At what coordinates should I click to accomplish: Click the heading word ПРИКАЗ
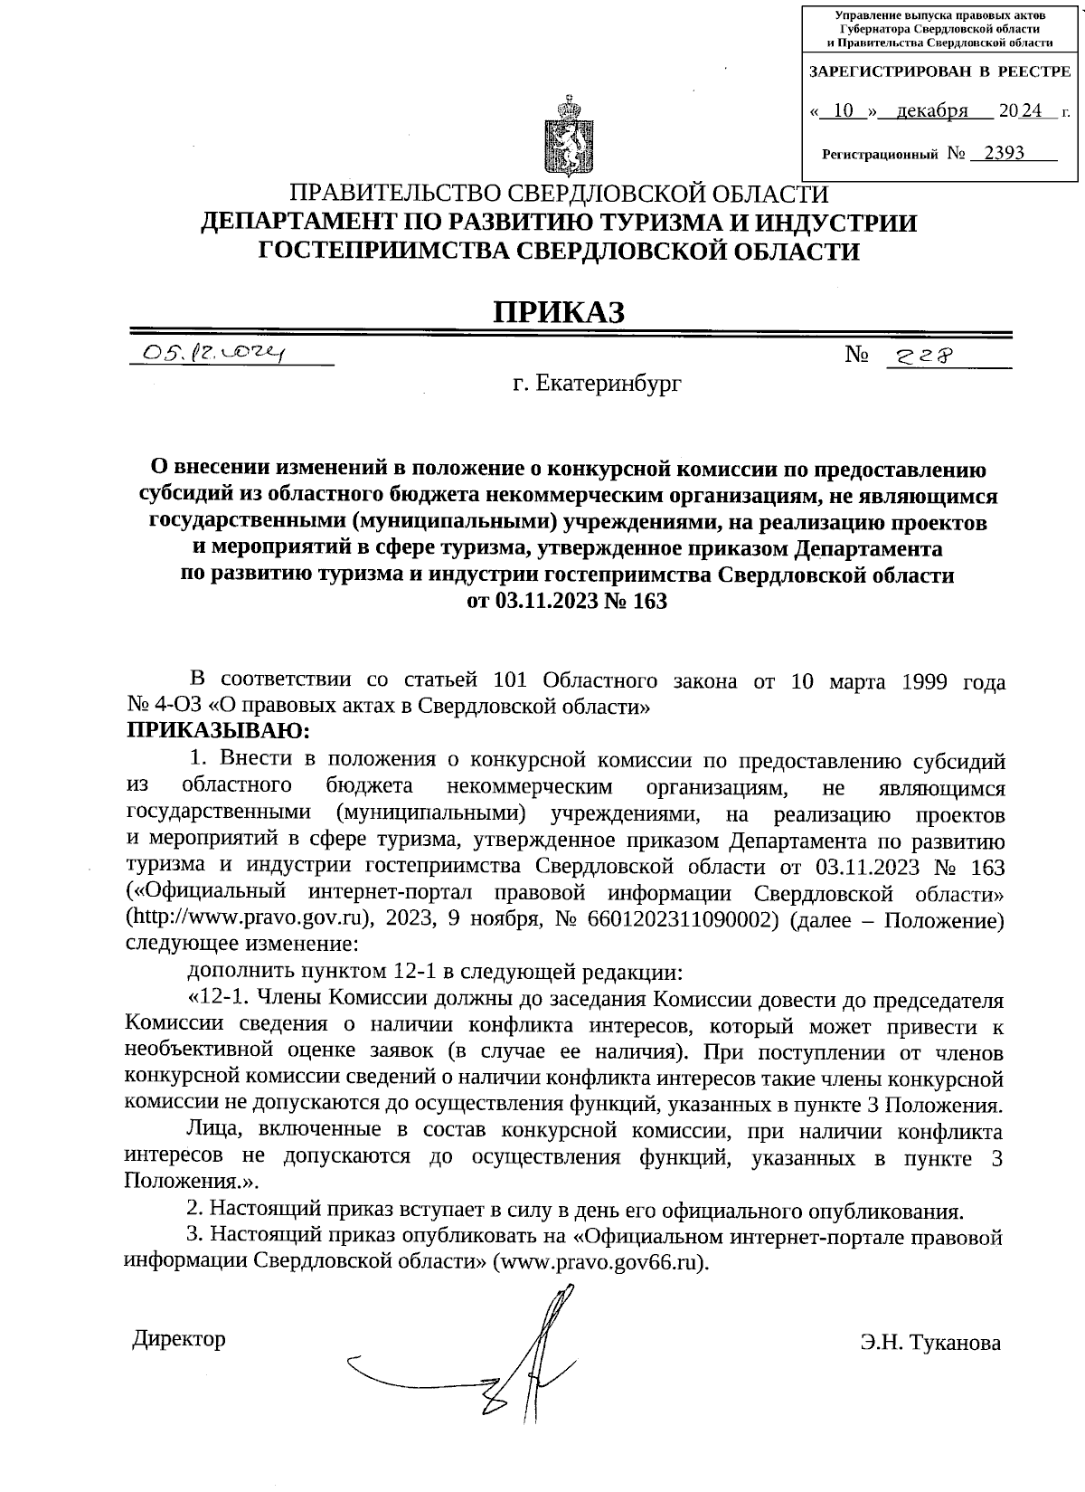pos(558,310)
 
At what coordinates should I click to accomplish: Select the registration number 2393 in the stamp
pos(1004,153)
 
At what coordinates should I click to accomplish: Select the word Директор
pos(179,1338)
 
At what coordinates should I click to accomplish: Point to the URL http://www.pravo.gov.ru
pos(250,919)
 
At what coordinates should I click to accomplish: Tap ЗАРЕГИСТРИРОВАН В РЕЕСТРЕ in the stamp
pos(939,71)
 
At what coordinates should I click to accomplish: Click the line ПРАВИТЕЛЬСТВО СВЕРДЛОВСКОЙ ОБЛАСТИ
pos(558,194)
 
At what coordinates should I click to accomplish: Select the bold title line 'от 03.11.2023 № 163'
pos(567,601)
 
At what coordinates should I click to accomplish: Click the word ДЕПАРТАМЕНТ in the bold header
pos(311,223)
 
